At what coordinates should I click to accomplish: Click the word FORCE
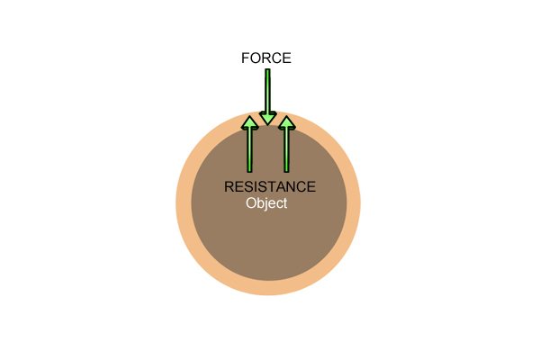click(266, 58)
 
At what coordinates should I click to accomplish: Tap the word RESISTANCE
click(270, 186)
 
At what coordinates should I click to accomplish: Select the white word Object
click(266, 203)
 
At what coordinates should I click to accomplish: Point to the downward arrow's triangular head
click(268, 119)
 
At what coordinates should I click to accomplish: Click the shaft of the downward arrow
click(267, 91)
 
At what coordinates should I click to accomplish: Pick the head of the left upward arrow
click(249, 122)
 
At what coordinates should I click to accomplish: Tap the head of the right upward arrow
click(286, 122)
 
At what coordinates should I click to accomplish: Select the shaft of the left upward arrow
click(249, 150)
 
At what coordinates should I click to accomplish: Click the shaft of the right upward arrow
click(286, 150)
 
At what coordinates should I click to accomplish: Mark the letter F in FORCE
click(245, 58)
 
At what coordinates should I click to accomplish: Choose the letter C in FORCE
click(276, 58)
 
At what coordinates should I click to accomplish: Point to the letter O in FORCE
click(255, 58)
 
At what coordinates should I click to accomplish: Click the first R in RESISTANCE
click(229, 186)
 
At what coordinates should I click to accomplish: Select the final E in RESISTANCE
click(311, 186)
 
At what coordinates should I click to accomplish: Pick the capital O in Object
click(251, 202)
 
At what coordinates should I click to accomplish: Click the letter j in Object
click(266, 204)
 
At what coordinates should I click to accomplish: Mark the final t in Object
click(284, 203)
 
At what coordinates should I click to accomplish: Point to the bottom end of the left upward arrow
click(249, 172)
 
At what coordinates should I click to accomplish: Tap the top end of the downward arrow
click(267, 69)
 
